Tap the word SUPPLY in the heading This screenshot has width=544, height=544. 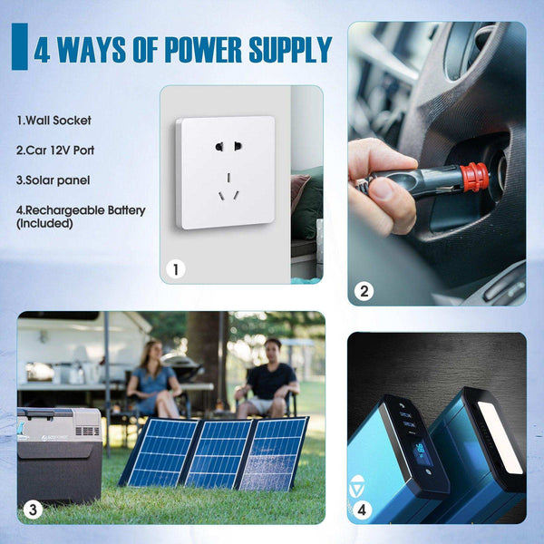[x=291, y=50]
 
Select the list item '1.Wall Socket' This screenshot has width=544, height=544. [x=53, y=121]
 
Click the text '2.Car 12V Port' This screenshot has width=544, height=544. [x=55, y=151]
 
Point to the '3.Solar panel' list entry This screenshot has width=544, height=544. [x=53, y=180]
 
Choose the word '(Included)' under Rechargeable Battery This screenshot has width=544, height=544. [x=44, y=223]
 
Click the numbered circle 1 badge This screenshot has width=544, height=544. [x=176, y=269]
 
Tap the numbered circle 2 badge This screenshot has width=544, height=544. [x=364, y=291]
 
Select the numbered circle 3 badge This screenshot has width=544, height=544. [x=33, y=510]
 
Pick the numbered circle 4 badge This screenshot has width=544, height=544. [x=362, y=510]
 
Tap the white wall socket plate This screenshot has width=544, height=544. [x=226, y=172]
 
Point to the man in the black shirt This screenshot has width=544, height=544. [x=267, y=378]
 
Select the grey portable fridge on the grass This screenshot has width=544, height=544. [x=59, y=455]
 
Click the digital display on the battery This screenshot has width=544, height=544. [x=422, y=453]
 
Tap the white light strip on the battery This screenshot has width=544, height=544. [x=500, y=437]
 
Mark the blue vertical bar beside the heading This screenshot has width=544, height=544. [x=20, y=46]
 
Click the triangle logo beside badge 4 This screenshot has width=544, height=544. [x=356, y=486]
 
